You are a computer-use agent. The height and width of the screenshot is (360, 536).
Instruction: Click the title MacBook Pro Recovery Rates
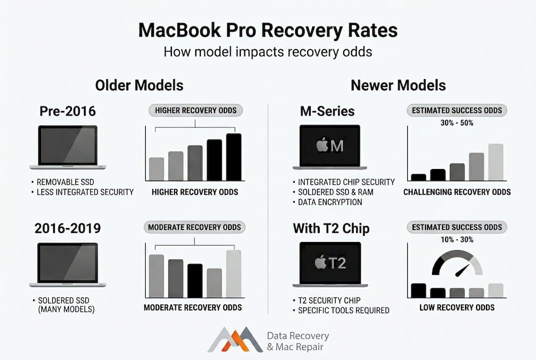(x=268, y=30)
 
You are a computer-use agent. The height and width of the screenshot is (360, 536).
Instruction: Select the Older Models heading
(x=139, y=85)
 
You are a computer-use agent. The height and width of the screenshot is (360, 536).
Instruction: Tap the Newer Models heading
(x=398, y=85)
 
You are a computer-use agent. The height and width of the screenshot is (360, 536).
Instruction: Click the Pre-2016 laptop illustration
(x=67, y=147)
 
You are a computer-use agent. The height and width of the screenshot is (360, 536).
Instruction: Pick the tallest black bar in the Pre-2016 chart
(x=234, y=157)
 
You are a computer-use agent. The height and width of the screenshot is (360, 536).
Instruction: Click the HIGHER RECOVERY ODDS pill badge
(x=196, y=110)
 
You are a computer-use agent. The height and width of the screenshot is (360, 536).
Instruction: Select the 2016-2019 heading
(x=67, y=228)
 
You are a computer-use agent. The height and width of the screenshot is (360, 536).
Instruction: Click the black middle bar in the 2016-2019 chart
(x=195, y=281)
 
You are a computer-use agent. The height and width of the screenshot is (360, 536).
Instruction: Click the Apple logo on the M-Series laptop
(x=322, y=146)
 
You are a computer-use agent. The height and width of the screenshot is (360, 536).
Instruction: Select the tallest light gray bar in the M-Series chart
(x=496, y=162)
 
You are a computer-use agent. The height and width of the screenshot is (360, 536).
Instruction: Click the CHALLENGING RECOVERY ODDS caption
(x=457, y=192)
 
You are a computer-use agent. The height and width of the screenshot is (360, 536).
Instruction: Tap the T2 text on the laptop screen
(x=338, y=262)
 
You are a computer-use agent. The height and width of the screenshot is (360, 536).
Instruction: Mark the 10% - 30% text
(x=457, y=239)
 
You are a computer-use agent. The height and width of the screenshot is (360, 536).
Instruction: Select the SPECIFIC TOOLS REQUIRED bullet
(x=344, y=310)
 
